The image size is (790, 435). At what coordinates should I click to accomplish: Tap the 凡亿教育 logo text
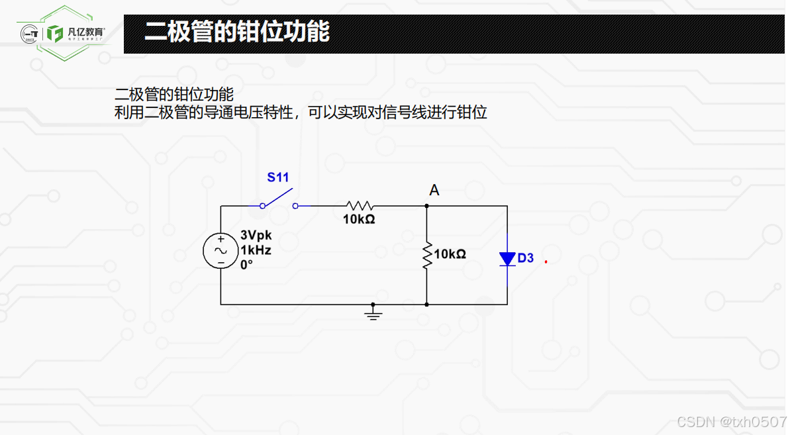coord(86,32)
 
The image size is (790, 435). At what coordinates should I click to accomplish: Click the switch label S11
coord(278,177)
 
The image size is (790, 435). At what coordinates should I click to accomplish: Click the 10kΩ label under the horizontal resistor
coord(359,219)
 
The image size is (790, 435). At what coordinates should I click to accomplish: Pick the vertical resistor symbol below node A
coord(427,255)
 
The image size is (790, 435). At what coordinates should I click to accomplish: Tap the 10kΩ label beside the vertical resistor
coord(450,254)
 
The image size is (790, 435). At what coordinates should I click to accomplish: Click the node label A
coord(434,191)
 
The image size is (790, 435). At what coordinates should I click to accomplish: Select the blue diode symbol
coord(507,258)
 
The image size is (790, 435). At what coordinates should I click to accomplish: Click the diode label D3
coord(526,258)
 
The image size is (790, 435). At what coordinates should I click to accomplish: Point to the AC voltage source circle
coord(221,251)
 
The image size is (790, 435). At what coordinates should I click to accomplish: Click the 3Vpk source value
coord(256,236)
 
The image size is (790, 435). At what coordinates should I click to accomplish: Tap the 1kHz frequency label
coord(256,250)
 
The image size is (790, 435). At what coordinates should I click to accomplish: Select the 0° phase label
coord(246,264)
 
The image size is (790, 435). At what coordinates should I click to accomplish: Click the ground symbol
coord(373,313)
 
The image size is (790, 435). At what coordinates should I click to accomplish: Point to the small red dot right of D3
coord(546,262)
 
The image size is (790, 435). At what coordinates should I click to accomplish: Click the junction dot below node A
coord(427,206)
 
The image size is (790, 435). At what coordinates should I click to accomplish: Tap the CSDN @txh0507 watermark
coord(731,422)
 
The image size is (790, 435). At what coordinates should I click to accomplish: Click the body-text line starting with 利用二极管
coord(301,112)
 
